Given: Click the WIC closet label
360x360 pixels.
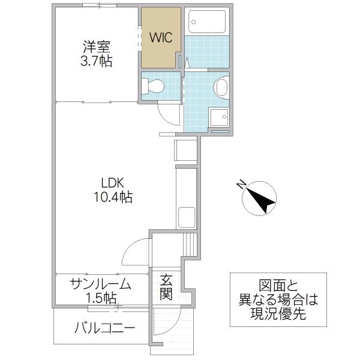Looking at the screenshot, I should tap(161, 37).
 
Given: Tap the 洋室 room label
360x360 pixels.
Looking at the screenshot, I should tap(97, 45).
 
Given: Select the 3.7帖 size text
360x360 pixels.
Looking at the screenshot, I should tap(97, 61).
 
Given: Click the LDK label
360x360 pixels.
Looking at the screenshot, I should tap(112, 181).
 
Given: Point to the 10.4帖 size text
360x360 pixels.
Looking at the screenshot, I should tap(112, 196).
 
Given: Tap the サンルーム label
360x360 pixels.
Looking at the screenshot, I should tap(100, 284).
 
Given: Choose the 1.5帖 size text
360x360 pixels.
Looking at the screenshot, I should tap(100, 298).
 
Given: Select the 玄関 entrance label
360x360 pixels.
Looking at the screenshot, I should tap(166, 287).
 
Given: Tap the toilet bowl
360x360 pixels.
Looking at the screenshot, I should tap(154, 86).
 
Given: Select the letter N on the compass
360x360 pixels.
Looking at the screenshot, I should tap(240, 185).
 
